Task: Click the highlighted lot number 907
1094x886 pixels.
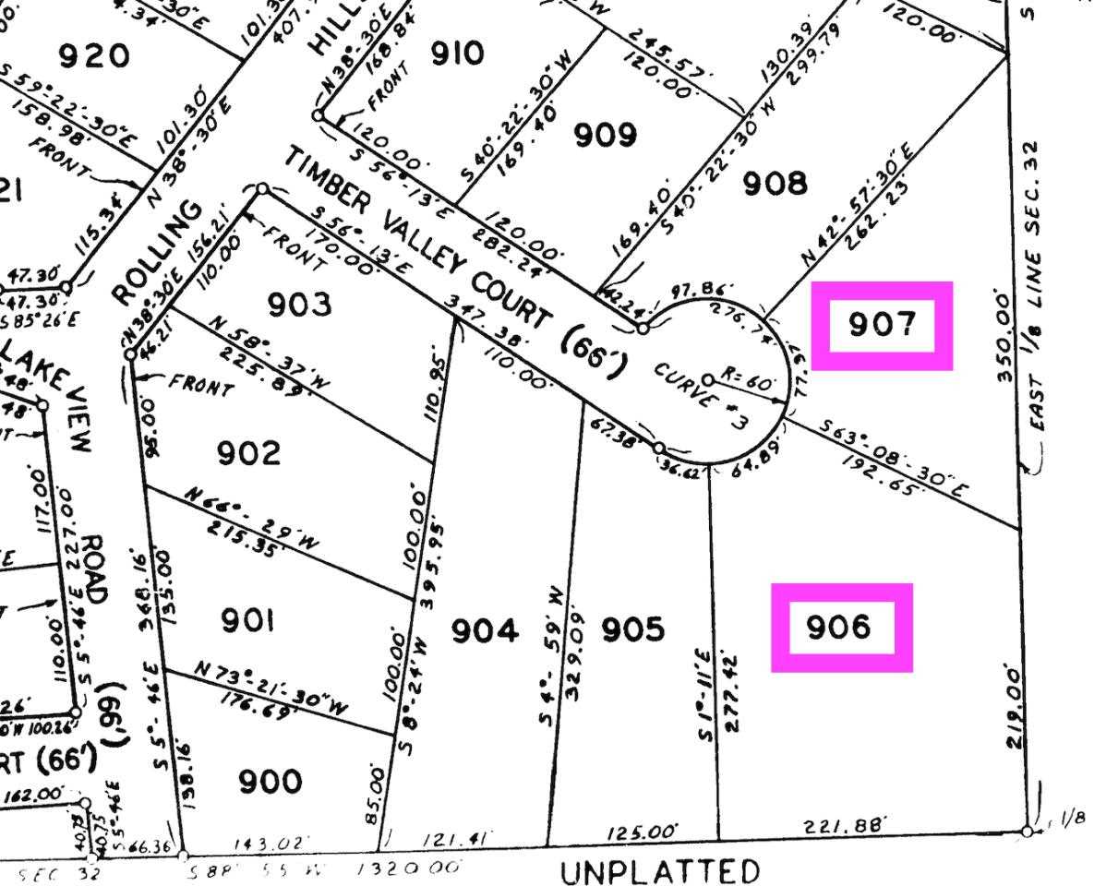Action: pos(881,325)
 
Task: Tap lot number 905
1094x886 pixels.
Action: pos(632,630)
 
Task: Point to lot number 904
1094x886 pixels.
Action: pos(484,631)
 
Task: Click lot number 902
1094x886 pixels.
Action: pos(248,453)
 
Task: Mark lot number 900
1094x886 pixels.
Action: pos(270,782)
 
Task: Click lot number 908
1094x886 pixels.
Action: pos(775,184)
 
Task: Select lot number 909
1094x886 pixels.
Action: pos(606,136)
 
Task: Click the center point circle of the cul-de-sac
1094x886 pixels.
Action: pos(708,379)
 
